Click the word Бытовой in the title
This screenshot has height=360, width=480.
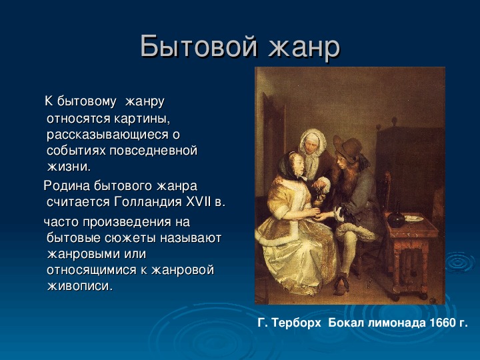point(199,46)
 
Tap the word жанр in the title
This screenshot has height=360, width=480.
point(304,47)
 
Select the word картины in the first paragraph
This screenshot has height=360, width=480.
point(142,119)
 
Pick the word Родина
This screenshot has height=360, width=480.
point(67,186)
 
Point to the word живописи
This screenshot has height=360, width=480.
point(80,285)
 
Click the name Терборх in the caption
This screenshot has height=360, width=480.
point(296,323)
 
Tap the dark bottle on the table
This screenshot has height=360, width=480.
point(396,218)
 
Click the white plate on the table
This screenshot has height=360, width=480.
point(414,219)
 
